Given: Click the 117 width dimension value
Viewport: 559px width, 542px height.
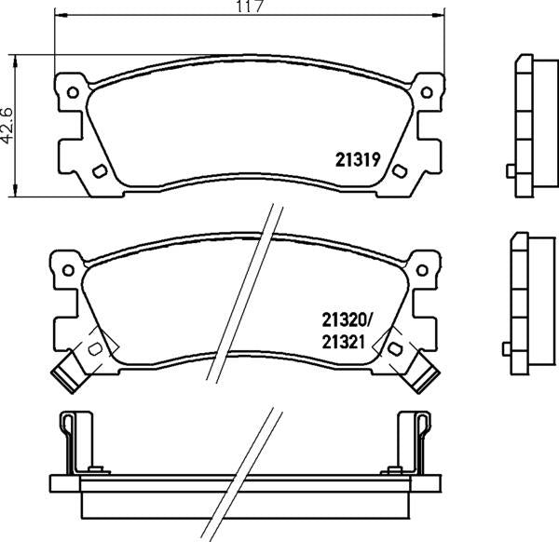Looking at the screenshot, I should pos(246,8).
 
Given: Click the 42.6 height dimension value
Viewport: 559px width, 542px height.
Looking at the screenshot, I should pos(9,125).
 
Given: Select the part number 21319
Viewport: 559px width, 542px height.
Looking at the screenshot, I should pos(355,158).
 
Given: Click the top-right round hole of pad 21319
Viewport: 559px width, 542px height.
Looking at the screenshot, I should pos(427,91).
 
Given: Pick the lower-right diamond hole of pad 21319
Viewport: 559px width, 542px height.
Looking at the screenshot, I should pos(401,170).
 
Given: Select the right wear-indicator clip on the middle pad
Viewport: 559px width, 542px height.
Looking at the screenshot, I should pos(426,374).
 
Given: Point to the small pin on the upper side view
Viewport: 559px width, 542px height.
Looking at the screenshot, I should pos(510,170).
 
